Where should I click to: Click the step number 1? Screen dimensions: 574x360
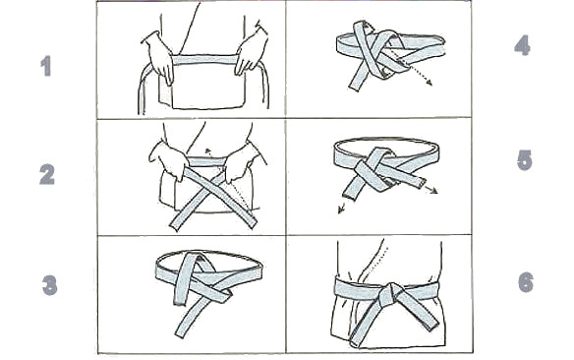[46, 66]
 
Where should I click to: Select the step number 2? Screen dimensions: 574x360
[47, 174]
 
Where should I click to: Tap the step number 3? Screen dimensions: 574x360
[50, 285]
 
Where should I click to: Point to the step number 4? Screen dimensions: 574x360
[522, 45]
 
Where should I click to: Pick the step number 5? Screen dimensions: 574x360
[524, 160]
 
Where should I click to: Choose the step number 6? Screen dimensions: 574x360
[526, 282]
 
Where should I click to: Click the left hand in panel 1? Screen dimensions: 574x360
[158, 58]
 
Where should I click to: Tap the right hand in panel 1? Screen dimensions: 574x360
[251, 51]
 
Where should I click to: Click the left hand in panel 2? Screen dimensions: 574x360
[169, 160]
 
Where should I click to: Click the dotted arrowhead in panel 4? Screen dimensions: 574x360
[429, 83]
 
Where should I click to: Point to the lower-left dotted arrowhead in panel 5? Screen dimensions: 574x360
[341, 210]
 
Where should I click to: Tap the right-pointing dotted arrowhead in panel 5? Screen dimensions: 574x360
[433, 191]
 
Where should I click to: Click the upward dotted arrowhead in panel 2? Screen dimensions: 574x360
[208, 150]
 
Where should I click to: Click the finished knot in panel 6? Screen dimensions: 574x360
[391, 295]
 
